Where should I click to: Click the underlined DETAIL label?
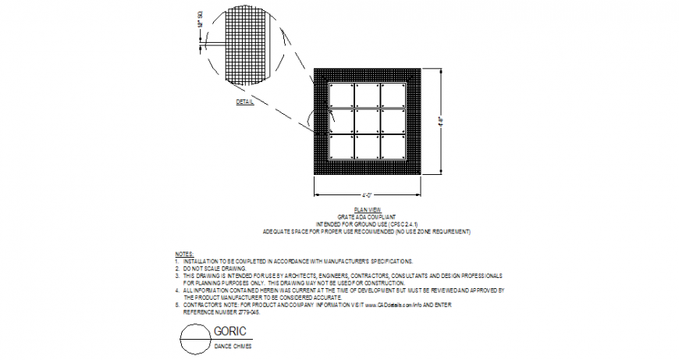pyautogui.click(x=245, y=102)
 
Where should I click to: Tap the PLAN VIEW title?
pyautogui.click(x=367, y=209)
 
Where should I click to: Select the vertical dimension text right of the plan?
pyautogui.click(x=441, y=121)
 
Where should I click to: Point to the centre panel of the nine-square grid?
pyautogui.click(x=367, y=122)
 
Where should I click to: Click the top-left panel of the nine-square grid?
pyautogui.click(x=341, y=95)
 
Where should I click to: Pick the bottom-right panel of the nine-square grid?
pyautogui.click(x=393, y=148)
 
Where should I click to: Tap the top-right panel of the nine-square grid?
pyautogui.click(x=393, y=95)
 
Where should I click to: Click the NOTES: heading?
pyautogui.click(x=183, y=255)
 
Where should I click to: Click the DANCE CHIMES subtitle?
pyautogui.click(x=233, y=345)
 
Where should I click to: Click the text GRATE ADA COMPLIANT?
pyautogui.click(x=367, y=216)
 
